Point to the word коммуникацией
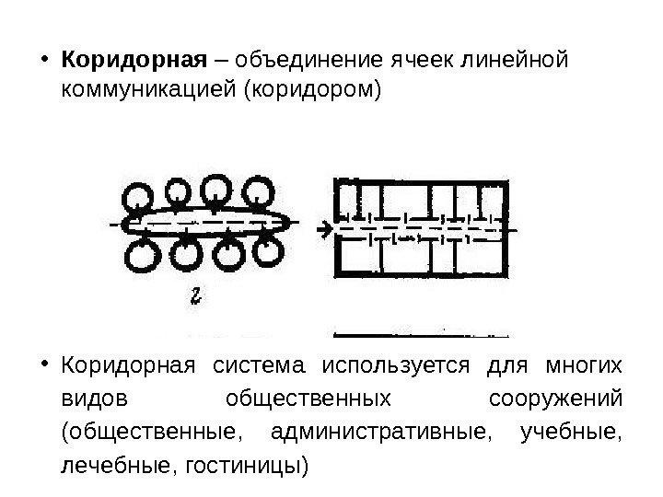pos(146,92)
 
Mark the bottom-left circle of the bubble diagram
pos(140,258)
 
